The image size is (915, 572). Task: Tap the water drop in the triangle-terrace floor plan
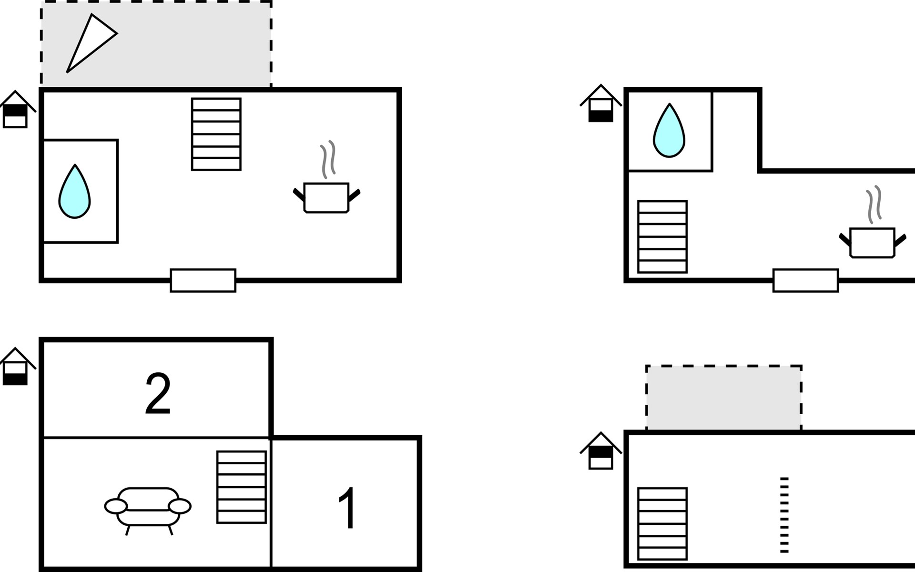(x=74, y=192)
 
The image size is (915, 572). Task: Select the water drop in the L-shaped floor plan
(x=669, y=131)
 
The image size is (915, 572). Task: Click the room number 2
(x=158, y=393)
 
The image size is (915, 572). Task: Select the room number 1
(x=347, y=508)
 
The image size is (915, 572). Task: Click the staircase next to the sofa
(x=242, y=487)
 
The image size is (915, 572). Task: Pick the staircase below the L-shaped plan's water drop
(x=662, y=237)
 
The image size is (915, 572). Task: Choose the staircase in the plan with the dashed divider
(x=662, y=524)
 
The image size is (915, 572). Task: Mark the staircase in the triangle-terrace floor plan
(x=216, y=134)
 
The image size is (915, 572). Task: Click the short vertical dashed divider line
(x=784, y=515)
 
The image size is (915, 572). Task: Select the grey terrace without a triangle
(x=724, y=398)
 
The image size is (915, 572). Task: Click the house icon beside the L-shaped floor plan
(x=600, y=103)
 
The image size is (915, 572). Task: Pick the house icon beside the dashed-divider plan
(x=600, y=451)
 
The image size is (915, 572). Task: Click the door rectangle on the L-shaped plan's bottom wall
(x=805, y=280)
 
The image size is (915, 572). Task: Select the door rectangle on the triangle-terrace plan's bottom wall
(x=203, y=280)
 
